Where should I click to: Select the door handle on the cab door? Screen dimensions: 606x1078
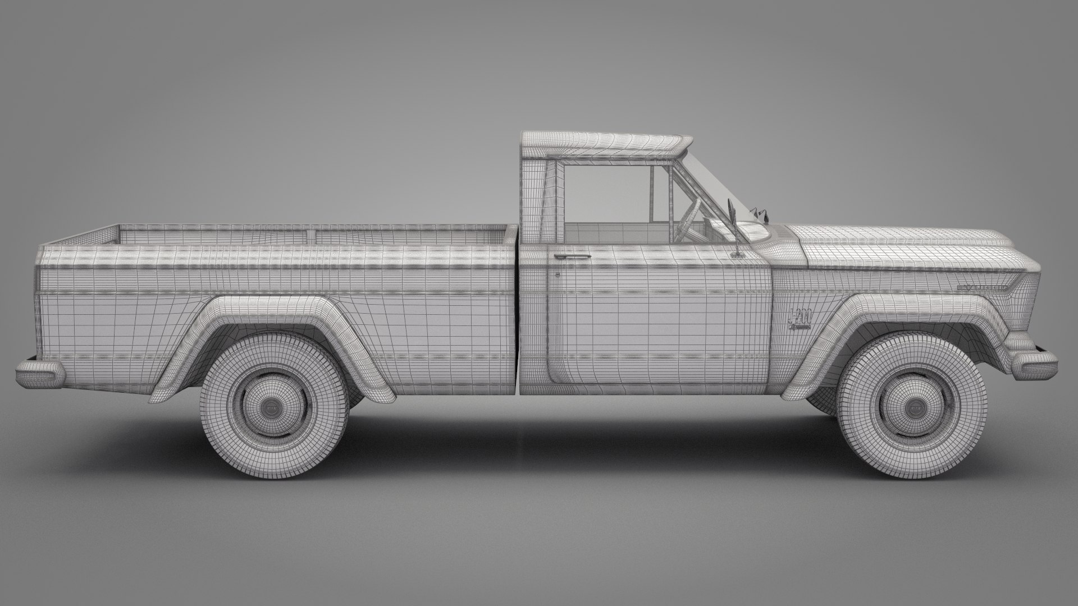(x=572, y=256)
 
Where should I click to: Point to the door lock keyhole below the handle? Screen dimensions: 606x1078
(x=558, y=275)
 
